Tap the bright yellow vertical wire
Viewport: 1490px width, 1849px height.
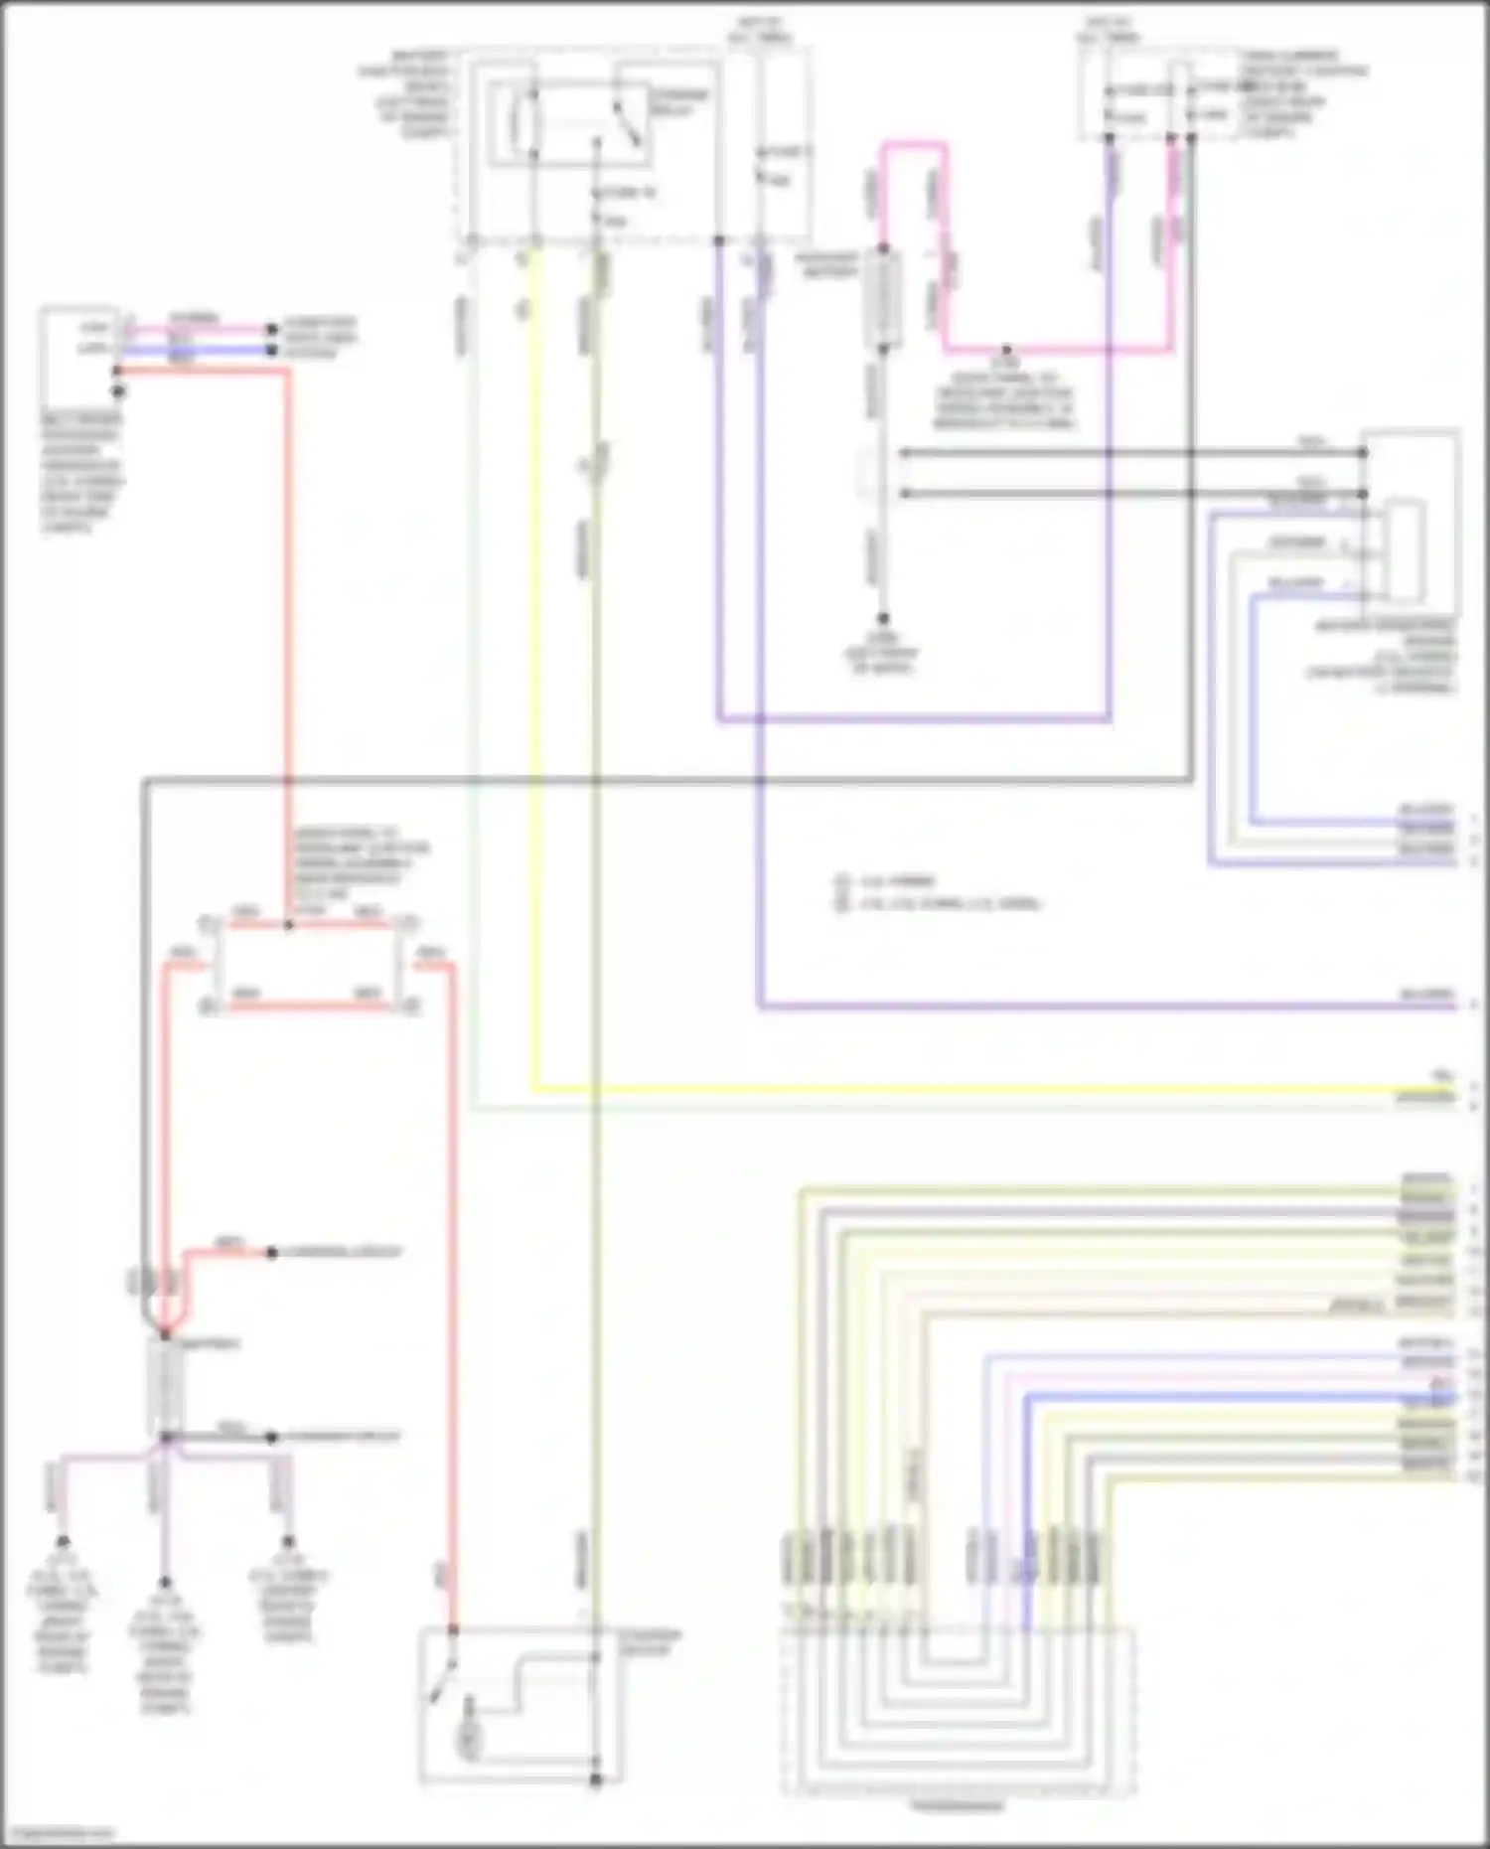pyautogui.click(x=535, y=695)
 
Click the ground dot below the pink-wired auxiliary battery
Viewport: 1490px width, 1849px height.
pyautogui.click(x=882, y=619)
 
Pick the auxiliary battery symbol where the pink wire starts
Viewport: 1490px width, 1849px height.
pyautogui.click(x=882, y=298)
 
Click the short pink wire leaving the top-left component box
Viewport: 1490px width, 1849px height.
pyautogui.click(x=199, y=328)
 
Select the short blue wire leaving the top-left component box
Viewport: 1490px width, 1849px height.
pyautogui.click(x=199, y=350)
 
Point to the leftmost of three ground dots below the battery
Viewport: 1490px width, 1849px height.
pyautogui.click(x=62, y=1543)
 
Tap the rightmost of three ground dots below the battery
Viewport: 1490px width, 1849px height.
pyautogui.click(x=288, y=1543)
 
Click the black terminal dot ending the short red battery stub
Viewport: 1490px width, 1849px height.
pyautogui.click(x=270, y=1253)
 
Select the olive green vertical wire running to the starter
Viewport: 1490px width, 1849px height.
pyautogui.click(x=596, y=994)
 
